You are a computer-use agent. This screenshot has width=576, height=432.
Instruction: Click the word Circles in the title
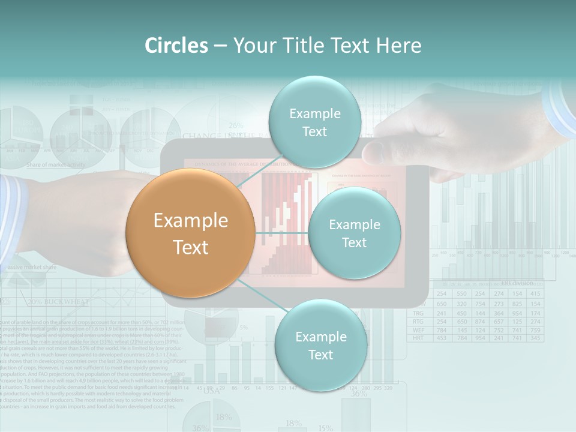(x=176, y=46)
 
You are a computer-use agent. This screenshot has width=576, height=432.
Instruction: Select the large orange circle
(x=191, y=233)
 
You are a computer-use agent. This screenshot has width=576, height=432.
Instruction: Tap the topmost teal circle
(x=314, y=122)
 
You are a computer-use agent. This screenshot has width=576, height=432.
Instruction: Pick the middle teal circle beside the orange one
(x=354, y=233)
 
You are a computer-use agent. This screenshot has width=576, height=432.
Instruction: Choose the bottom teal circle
(x=320, y=346)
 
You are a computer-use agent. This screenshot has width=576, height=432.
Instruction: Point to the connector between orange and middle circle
(x=281, y=233)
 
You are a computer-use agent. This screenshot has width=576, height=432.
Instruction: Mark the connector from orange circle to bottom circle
(x=260, y=294)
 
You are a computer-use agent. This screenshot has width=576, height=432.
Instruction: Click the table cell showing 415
(x=535, y=294)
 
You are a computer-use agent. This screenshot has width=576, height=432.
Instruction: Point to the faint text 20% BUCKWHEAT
(x=59, y=301)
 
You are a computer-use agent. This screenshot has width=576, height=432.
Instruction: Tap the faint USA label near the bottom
(x=211, y=391)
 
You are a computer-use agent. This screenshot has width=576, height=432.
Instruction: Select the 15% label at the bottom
(x=325, y=427)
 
